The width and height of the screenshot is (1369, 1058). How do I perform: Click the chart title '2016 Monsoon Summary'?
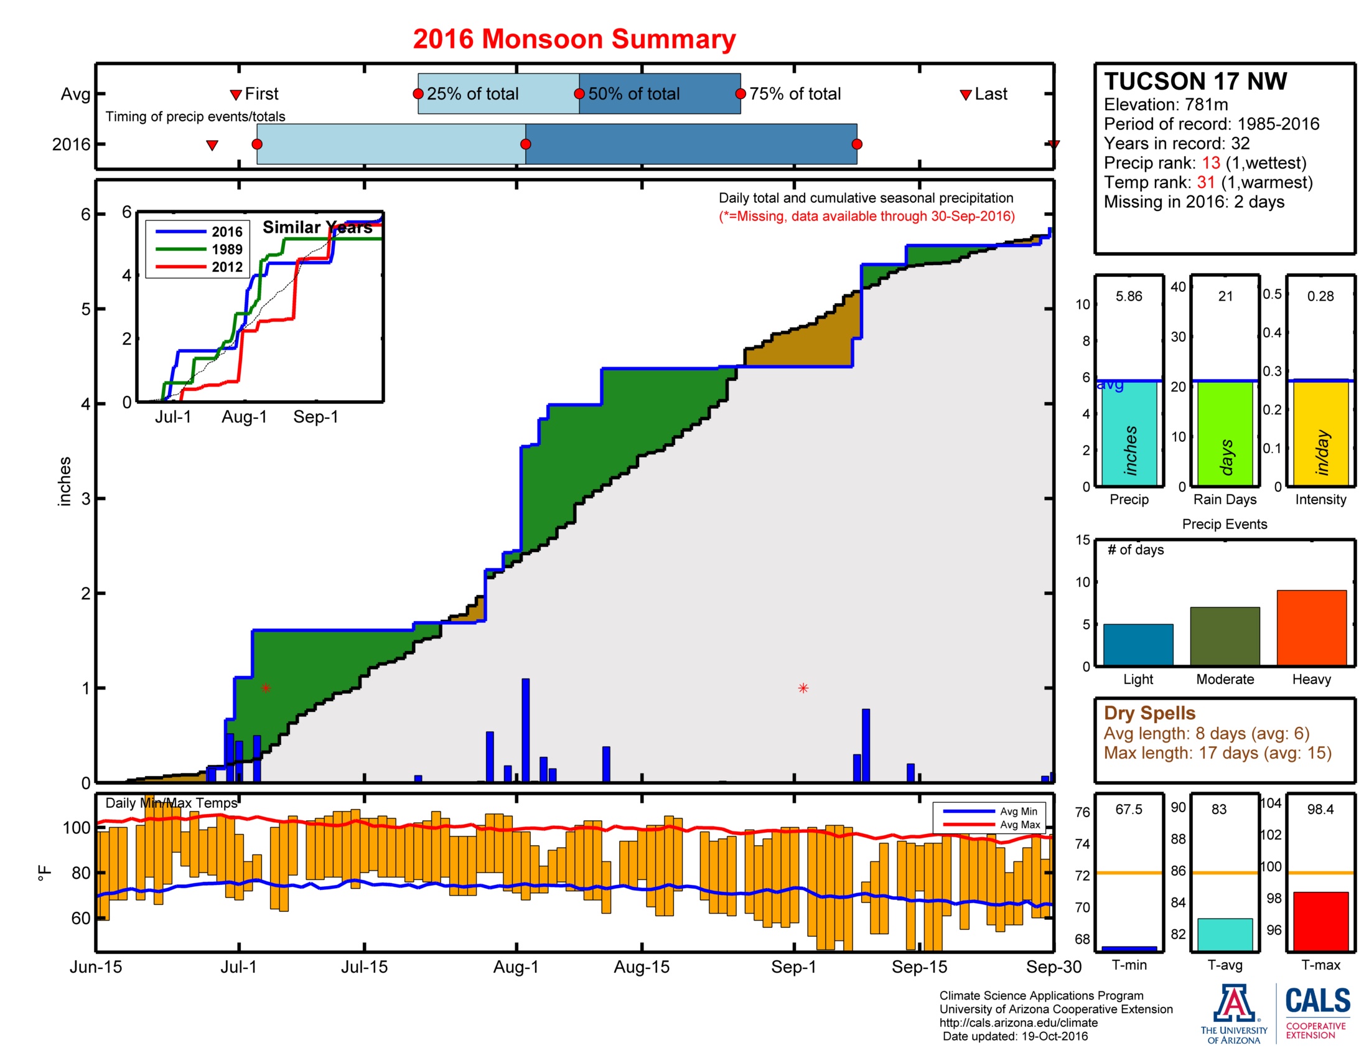pyautogui.click(x=574, y=39)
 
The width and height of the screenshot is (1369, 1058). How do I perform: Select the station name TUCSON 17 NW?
pyautogui.click(x=1195, y=82)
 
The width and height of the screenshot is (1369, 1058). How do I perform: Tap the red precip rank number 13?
pyautogui.click(x=1210, y=163)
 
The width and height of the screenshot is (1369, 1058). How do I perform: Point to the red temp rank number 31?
pyautogui.click(x=1205, y=182)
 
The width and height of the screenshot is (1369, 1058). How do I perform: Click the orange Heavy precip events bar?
pyautogui.click(x=1311, y=627)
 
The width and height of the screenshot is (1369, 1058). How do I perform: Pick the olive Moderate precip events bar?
pyautogui.click(x=1224, y=635)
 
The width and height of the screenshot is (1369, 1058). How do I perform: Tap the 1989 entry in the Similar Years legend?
pyautogui.click(x=227, y=250)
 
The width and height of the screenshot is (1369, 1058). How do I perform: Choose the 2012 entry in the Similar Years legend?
pyautogui.click(x=227, y=267)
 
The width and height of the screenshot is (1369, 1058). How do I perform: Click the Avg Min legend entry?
pyautogui.click(x=1017, y=811)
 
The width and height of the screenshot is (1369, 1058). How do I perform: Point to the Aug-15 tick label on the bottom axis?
pyautogui.click(x=641, y=967)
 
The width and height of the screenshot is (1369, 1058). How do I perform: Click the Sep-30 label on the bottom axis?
pyautogui.click(x=1053, y=967)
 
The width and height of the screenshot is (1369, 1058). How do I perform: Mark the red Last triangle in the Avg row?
pyautogui.click(x=965, y=95)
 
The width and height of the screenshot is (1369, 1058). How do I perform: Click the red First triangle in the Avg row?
pyautogui.click(x=236, y=95)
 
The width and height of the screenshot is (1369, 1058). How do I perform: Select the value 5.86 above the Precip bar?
pyautogui.click(x=1128, y=296)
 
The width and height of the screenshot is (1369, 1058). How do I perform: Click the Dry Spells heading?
pyautogui.click(x=1149, y=713)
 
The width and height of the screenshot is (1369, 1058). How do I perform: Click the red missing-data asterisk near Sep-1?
pyautogui.click(x=803, y=688)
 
